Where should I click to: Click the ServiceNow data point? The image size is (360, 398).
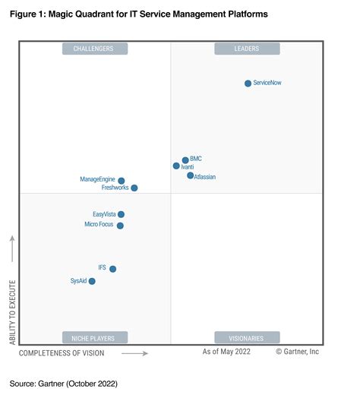248,84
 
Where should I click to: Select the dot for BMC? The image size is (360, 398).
185,160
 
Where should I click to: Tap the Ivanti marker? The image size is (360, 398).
176,166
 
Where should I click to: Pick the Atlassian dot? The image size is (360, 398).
191,175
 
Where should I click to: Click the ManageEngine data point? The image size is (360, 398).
122,181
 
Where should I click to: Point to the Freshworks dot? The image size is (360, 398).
134,188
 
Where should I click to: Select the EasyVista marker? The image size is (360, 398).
122,215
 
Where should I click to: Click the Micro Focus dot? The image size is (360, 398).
120,226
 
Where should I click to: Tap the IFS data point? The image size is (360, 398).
112,269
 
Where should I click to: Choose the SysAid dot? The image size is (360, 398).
92,281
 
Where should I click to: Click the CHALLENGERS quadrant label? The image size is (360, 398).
94,49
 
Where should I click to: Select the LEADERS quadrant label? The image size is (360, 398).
247,49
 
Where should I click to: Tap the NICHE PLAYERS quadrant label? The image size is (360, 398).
94,337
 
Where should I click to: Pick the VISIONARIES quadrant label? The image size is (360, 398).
247,337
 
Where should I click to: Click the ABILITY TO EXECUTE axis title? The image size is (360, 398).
12,311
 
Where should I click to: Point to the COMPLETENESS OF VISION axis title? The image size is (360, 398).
62,353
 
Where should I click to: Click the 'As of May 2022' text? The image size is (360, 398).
227,352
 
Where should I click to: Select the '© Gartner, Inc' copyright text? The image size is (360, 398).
297,352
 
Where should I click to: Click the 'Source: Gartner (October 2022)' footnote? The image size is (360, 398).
64,384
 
